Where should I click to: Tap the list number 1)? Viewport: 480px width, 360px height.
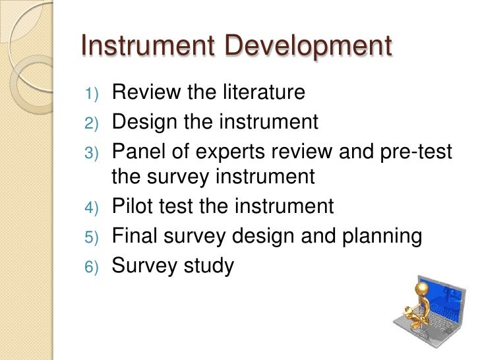click(90, 94)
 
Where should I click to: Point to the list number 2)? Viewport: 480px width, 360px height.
click(90, 123)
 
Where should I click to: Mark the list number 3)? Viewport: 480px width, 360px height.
click(90, 153)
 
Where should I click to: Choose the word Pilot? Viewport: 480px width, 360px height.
click(134, 206)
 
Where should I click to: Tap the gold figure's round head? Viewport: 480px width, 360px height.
click(423, 289)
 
